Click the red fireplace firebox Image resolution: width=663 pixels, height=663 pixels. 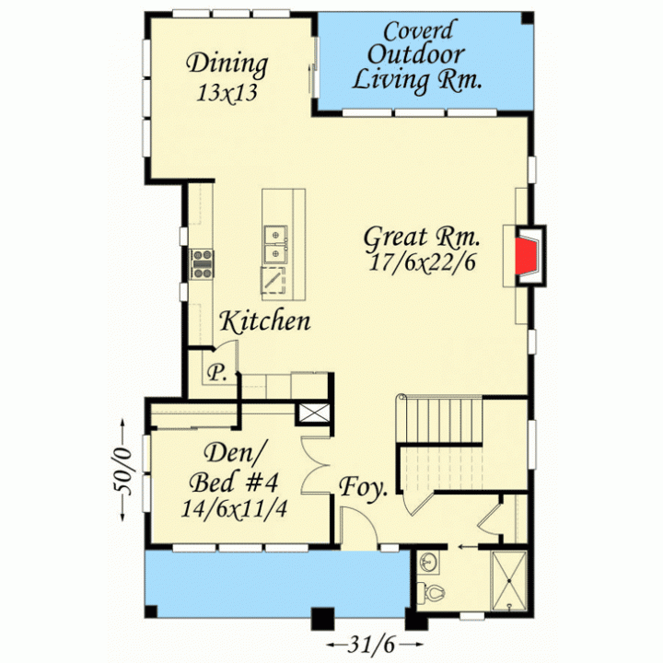coord(525,256)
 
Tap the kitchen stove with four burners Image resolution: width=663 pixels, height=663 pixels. coord(202,264)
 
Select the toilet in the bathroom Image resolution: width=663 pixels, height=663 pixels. coord(430,592)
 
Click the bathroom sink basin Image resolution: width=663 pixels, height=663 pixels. coord(427,563)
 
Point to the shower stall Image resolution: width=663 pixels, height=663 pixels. coord(509,581)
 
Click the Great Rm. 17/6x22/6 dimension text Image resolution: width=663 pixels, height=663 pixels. coord(421,262)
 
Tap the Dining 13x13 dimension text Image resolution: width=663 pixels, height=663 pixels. coord(227,93)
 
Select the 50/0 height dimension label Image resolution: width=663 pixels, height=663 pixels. coord(122,471)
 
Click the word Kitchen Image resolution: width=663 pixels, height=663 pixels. coord(265,321)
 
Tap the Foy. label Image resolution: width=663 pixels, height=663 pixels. coord(363,487)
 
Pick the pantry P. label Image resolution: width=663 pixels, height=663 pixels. coord(217,373)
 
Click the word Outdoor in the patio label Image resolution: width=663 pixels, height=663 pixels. coord(416,54)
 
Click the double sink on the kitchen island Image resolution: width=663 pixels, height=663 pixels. coord(275,244)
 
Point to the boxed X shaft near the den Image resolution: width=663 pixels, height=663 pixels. coord(314,413)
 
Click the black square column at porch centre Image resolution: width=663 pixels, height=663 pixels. coord(322,619)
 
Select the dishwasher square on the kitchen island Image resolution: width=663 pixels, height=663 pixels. coord(273,280)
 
